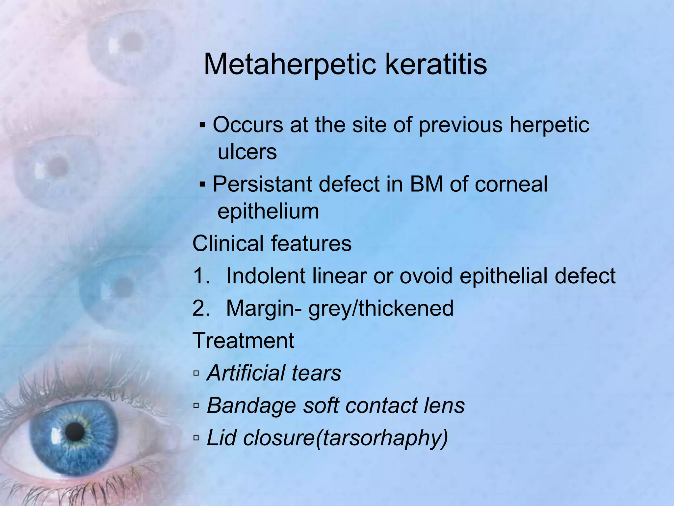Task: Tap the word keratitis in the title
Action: (x=436, y=64)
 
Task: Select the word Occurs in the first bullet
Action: (x=248, y=125)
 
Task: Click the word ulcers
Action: (x=247, y=152)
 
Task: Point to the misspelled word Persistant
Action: (x=262, y=184)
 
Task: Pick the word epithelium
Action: (x=268, y=211)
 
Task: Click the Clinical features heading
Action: (x=272, y=244)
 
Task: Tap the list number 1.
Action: (x=201, y=276)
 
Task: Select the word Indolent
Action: (x=266, y=276)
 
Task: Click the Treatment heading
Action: (x=243, y=341)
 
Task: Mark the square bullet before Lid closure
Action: (x=196, y=438)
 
